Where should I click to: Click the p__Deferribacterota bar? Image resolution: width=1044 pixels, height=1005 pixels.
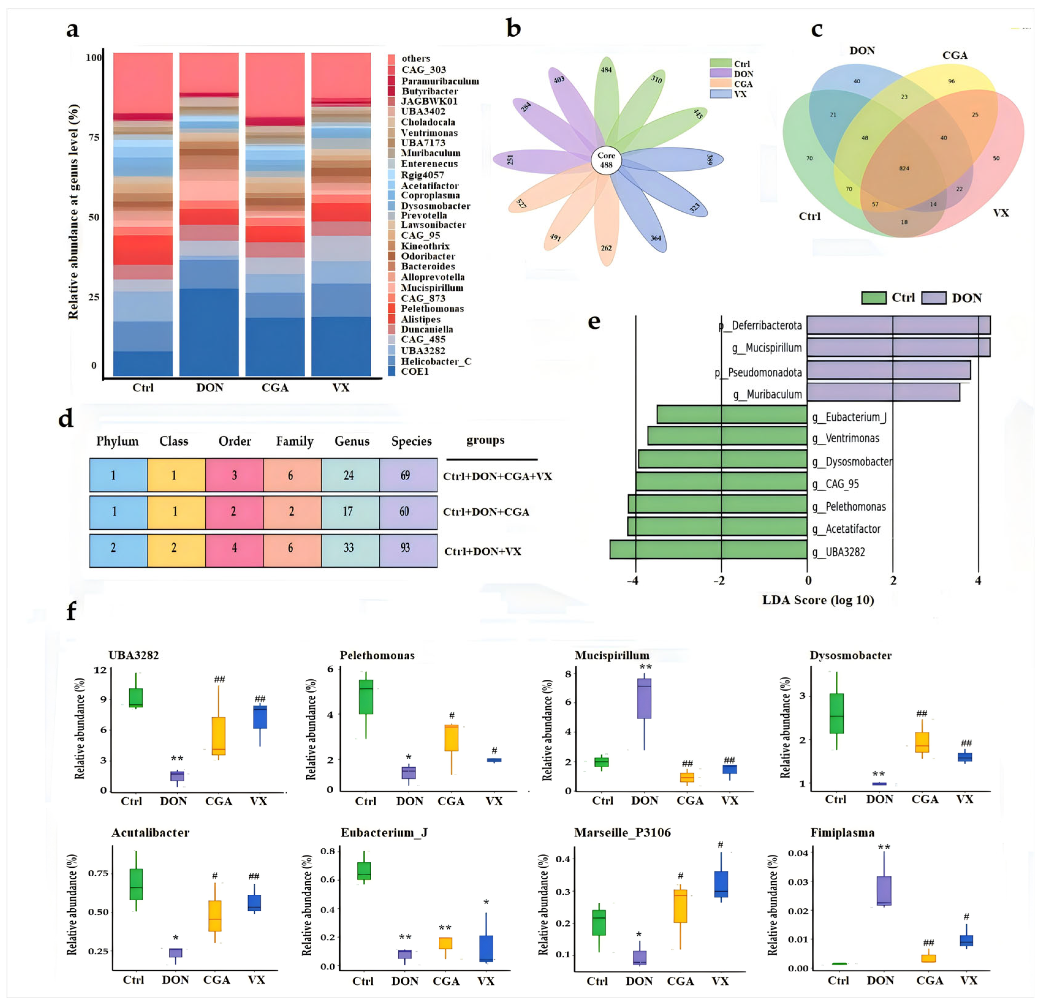tap(898, 325)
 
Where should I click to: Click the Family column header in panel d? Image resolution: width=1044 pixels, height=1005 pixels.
tap(295, 441)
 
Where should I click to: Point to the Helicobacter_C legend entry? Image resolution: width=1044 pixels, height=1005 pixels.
tap(436, 361)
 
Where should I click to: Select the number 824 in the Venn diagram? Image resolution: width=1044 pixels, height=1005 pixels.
tap(904, 168)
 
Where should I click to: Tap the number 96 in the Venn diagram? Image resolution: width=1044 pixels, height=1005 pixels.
tap(951, 81)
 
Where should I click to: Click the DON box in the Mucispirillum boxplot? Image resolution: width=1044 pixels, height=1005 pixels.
tap(644, 698)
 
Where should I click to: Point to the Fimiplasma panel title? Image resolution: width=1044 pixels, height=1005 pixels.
tap(842, 833)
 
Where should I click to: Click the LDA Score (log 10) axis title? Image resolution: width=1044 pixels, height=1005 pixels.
tap(818, 600)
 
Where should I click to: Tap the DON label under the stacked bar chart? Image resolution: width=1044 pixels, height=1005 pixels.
tap(209, 387)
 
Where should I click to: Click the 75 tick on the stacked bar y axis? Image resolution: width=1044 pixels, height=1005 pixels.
tap(94, 138)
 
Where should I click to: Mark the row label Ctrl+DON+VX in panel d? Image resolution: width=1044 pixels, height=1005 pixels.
tap(482, 551)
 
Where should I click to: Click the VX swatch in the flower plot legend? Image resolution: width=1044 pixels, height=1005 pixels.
tap(720, 94)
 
